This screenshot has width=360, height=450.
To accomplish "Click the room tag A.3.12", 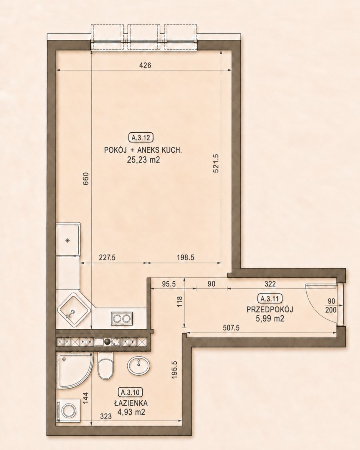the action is point(141,138).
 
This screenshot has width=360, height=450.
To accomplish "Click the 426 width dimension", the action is point(145,66).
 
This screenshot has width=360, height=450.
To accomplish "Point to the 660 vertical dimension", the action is point(86,178).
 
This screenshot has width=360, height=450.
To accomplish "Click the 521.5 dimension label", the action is point(215,163).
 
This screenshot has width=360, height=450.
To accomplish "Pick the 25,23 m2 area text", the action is point(143,160).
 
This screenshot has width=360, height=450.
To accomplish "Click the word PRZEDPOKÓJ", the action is point(270,309).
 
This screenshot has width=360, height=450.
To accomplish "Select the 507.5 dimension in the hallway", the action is point(231,328).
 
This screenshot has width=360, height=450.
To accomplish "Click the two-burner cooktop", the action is point(122,318).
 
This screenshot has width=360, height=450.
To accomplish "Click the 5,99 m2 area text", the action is point(270,319).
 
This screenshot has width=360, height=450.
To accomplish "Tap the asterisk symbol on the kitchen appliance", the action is point(67,241).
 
